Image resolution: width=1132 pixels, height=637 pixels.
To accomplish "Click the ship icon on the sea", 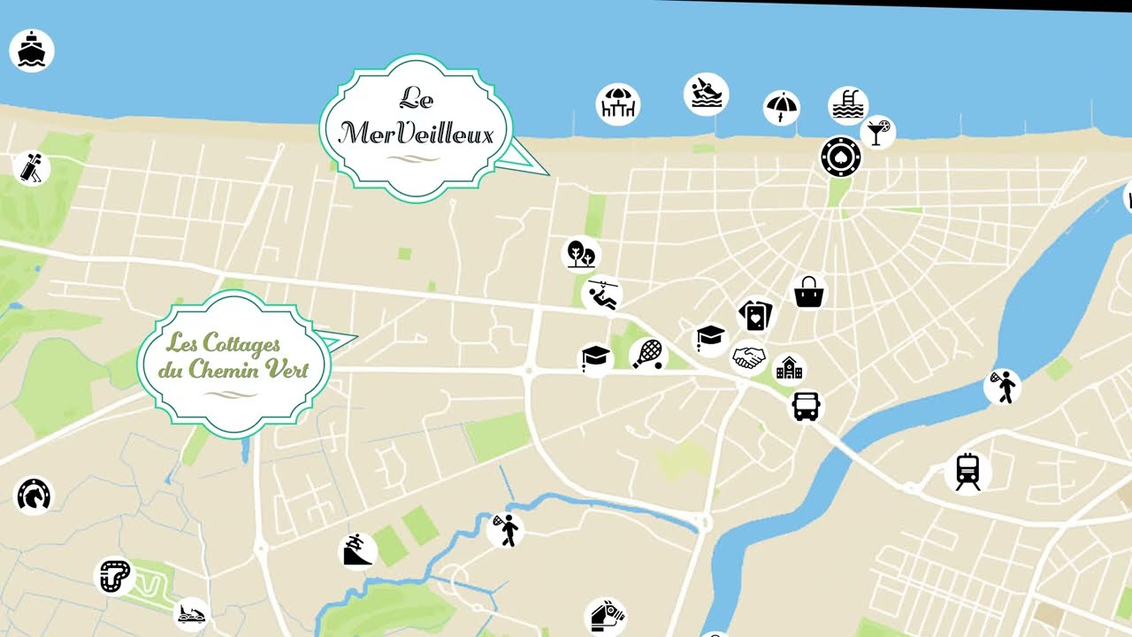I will tap(32, 50).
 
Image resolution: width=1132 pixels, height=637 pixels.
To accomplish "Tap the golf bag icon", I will tap(31, 167).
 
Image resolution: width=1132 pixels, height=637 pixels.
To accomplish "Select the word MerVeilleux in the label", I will tap(415, 133).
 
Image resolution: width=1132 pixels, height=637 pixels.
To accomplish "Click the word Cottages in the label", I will tap(241, 343).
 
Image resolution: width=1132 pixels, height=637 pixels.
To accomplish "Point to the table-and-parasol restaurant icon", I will tap(618, 104).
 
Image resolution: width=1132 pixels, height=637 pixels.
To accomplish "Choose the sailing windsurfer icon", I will tap(706, 94).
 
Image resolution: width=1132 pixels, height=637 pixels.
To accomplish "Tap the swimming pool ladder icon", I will tap(848, 105).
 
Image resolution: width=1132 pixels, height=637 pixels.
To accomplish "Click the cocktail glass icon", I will tap(877, 132).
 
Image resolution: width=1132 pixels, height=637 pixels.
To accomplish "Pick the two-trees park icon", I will tap(582, 254).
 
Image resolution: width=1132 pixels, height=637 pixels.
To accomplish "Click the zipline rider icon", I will tap(602, 295).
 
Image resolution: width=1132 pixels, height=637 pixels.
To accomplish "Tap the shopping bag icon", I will tap(809, 292).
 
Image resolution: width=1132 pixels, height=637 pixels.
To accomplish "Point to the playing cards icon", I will tap(755, 315).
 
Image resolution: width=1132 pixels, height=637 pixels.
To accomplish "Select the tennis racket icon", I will tap(648, 354).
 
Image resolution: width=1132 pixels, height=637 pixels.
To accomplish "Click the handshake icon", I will tap(749, 357).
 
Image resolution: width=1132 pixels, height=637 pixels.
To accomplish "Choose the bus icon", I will tap(806, 406).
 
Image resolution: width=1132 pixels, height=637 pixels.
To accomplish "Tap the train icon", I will tap(968, 472).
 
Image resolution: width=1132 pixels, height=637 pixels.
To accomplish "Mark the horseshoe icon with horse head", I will tap(34, 495).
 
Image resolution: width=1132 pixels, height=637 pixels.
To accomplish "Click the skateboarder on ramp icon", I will tap(358, 550).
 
